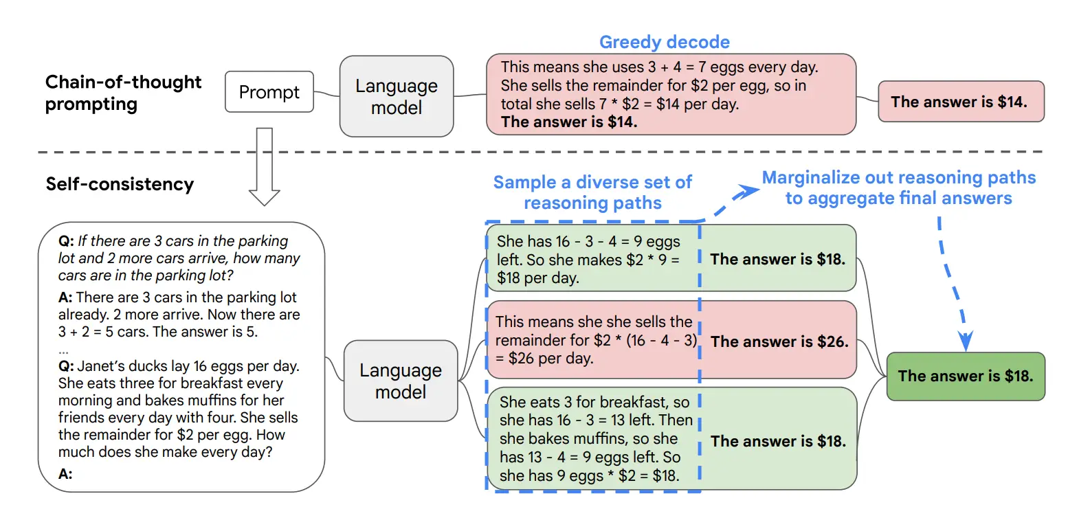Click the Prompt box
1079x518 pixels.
pyautogui.click(x=269, y=92)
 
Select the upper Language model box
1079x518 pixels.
pyautogui.click(x=397, y=97)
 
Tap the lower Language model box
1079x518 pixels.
pyautogui.click(x=401, y=381)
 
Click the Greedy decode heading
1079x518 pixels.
pyautogui.click(x=664, y=42)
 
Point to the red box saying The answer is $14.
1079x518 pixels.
pyautogui.click(x=960, y=102)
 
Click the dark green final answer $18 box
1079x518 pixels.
pyautogui.click(x=965, y=376)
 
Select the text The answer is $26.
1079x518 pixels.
pyautogui.click(x=779, y=341)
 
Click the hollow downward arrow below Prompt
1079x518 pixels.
pyautogui.click(x=264, y=168)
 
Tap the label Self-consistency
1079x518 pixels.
pyautogui.click(x=120, y=184)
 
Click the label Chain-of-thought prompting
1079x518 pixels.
pyautogui.click(x=123, y=93)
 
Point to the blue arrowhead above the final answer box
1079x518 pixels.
pyautogui.click(x=966, y=341)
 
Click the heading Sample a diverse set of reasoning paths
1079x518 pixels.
pyautogui.click(x=592, y=192)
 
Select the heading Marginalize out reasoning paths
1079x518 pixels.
pyautogui.click(x=898, y=178)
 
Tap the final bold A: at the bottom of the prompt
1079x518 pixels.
pyautogui.click(x=65, y=474)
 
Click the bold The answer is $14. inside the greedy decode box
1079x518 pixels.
pyautogui.click(x=569, y=122)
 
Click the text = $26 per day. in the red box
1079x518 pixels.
pyautogui.click(x=544, y=359)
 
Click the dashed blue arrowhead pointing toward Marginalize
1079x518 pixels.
pyautogui.click(x=747, y=191)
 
